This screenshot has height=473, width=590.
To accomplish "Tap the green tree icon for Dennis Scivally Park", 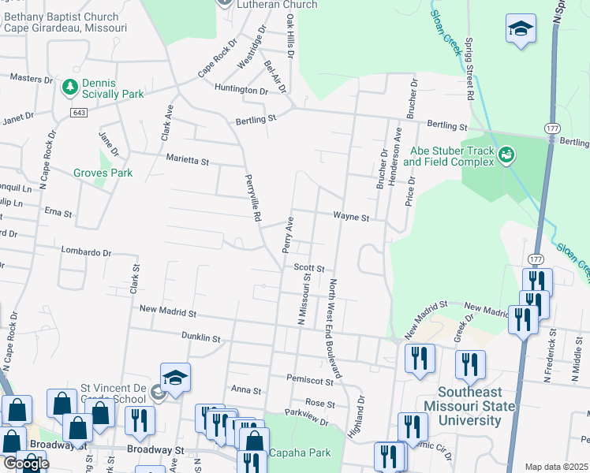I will (69, 86).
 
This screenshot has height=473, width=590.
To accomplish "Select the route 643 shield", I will (78, 114).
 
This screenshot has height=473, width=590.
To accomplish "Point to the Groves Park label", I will (103, 173).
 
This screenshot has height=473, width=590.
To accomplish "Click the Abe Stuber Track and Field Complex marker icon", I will (506, 156).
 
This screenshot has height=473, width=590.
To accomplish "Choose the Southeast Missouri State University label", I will (469, 406).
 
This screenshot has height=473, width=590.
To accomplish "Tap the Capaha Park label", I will (300, 453).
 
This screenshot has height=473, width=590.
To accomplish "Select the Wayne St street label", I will (350, 215).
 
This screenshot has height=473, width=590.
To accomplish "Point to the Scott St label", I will (309, 267).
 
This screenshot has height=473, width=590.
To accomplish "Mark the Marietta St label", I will (187, 160).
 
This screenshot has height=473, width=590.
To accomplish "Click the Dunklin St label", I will (200, 337).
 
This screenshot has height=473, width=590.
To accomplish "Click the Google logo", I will (25, 464).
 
